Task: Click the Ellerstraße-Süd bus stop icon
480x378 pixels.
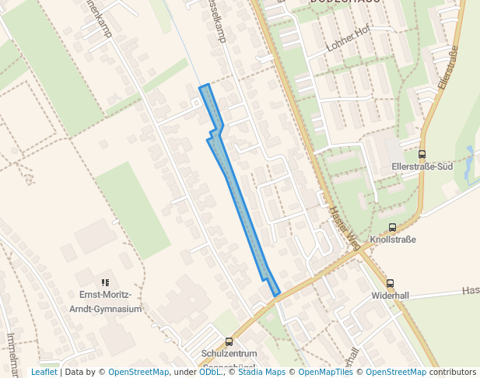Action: (x=422, y=154)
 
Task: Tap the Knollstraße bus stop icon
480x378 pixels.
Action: (x=392, y=228)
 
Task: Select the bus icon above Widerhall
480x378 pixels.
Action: (x=390, y=284)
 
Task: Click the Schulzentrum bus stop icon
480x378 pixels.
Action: (x=229, y=341)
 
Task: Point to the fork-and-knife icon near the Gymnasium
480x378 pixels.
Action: (x=105, y=283)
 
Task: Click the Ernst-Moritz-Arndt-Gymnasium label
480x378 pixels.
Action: (x=110, y=302)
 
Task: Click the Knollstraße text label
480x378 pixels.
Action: (x=393, y=240)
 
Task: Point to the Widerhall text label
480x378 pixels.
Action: (x=390, y=296)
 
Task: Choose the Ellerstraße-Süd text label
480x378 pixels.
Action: (x=422, y=166)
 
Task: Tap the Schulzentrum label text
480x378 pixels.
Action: (x=229, y=353)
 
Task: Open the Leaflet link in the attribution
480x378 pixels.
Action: (x=44, y=372)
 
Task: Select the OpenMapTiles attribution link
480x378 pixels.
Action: (x=321, y=372)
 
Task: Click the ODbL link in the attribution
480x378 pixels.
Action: (x=209, y=372)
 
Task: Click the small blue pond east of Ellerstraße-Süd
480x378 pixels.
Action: (x=469, y=159)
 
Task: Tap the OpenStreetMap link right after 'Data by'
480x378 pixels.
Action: (x=138, y=372)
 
